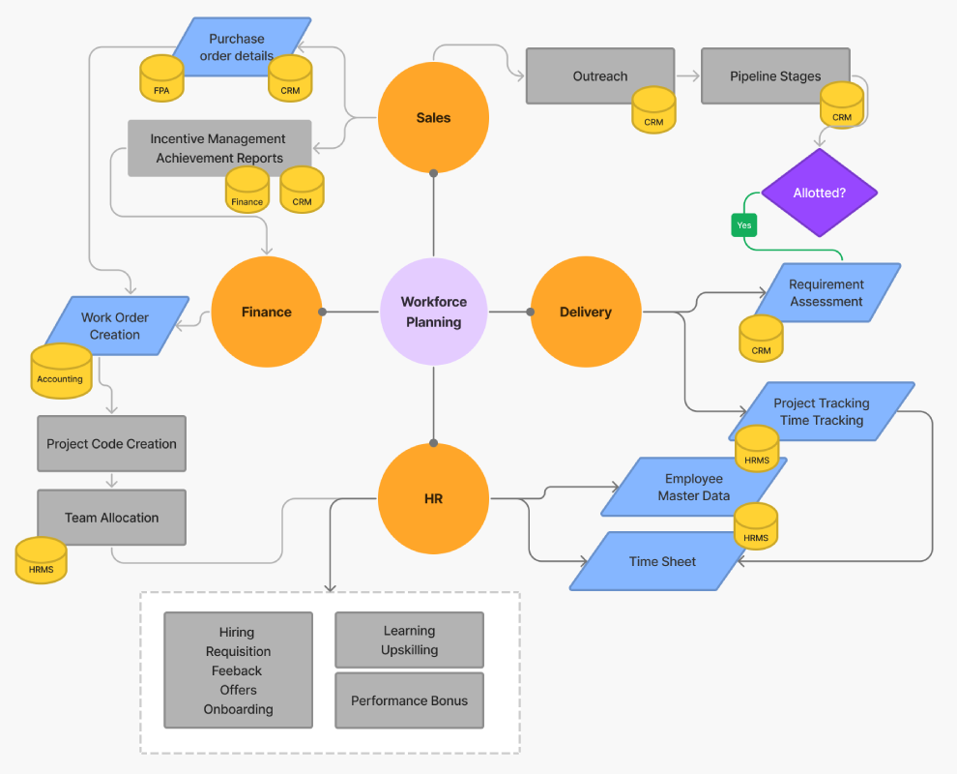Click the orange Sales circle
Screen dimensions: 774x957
pyautogui.click(x=433, y=118)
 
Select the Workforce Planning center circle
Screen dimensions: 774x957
pyautogui.click(x=433, y=312)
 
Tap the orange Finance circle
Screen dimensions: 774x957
pyautogui.click(x=266, y=312)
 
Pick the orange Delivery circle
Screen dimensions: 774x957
pyautogui.click(x=585, y=312)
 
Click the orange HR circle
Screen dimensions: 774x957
pyautogui.click(x=433, y=499)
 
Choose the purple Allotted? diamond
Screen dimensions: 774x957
pyautogui.click(x=819, y=193)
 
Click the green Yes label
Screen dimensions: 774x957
pyautogui.click(x=743, y=224)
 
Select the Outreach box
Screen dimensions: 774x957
pyautogui.click(x=599, y=75)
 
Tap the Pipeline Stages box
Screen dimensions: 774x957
pyautogui.click(x=775, y=75)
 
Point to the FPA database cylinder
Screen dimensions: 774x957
pyautogui.click(x=161, y=80)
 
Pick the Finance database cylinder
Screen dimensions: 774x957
pyautogui.click(x=246, y=191)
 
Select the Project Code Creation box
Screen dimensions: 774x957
pyautogui.click(x=111, y=444)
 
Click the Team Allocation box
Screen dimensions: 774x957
pyautogui.click(x=111, y=518)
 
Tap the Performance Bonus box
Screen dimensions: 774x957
pyautogui.click(x=409, y=700)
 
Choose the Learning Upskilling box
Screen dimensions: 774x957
pyautogui.click(x=409, y=640)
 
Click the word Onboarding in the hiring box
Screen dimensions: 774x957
pyautogui.click(x=238, y=709)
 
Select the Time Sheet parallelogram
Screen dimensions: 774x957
pyautogui.click(x=662, y=562)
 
